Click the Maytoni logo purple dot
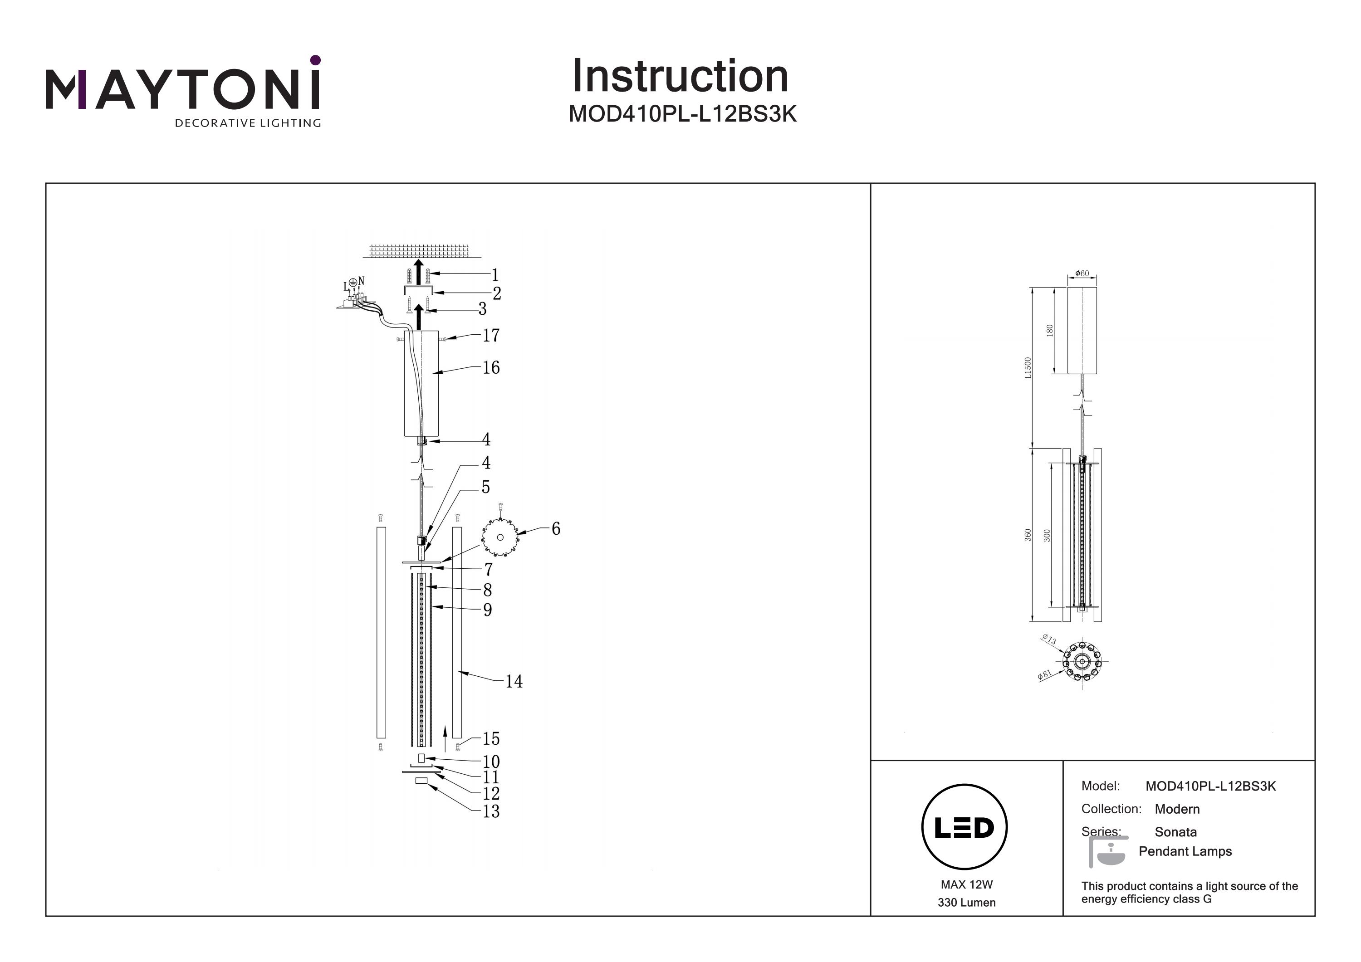pos(315,60)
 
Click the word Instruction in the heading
pos(680,77)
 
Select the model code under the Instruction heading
pos(682,114)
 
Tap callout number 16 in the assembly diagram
pos(491,367)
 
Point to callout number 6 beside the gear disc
pos(555,529)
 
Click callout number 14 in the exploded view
pos(514,682)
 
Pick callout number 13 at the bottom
pos(491,811)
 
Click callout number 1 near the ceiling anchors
pos(495,275)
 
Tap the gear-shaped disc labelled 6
pos(499,537)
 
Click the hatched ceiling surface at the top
pos(418,251)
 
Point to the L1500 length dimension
pos(1028,367)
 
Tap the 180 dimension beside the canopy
pos(1050,330)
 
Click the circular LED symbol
pos(964,827)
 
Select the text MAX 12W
pos(966,885)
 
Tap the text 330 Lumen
pos(966,903)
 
